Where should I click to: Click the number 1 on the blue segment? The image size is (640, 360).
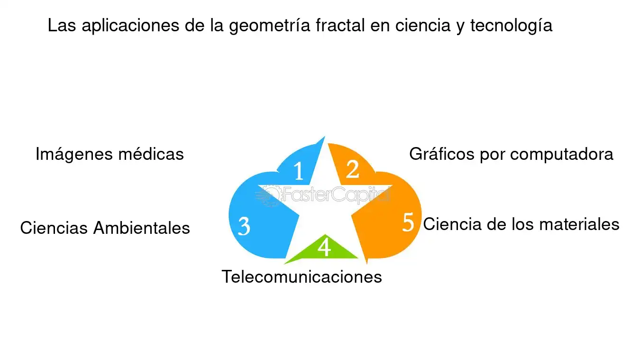(x=299, y=171)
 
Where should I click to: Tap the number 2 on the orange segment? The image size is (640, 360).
(x=352, y=169)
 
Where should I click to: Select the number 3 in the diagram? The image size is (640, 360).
(x=244, y=226)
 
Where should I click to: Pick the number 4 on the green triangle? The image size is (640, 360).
(x=324, y=247)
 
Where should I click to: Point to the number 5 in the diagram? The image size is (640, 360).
(x=408, y=222)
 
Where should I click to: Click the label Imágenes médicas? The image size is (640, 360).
(x=110, y=154)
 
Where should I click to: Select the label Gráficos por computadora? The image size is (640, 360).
(x=512, y=154)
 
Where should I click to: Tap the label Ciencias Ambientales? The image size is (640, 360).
(x=105, y=228)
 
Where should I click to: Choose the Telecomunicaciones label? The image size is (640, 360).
(x=302, y=277)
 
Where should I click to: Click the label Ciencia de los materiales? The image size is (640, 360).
(x=521, y=224)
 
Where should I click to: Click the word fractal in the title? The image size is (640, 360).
(x=340, y=25)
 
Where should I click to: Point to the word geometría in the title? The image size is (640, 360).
(x=269, y=26)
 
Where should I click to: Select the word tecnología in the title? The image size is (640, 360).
(x=512, y=26)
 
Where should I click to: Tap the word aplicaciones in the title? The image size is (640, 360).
(x=130, y=26)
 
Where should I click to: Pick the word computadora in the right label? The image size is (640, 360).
(x=562, y=155)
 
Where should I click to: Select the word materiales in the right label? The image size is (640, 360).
(x=579, y=224)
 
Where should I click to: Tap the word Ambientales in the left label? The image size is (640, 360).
(x=142, y=228)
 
